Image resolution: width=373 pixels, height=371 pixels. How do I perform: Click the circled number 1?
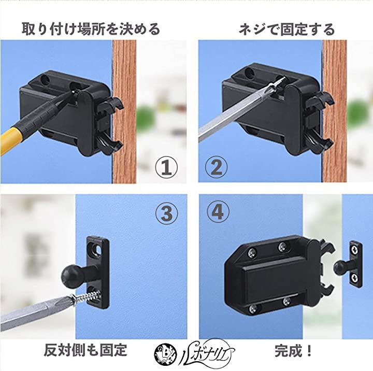tap(166, 167)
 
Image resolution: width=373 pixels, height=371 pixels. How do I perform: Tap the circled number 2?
tap(216, 167)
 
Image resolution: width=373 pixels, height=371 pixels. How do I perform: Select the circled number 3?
tap(166, 213)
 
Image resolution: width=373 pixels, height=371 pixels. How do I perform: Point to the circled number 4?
tap(218, 212)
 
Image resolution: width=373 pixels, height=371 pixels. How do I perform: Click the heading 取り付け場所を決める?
tap(91, 29)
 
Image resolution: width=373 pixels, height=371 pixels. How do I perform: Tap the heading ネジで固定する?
tap(286, 30)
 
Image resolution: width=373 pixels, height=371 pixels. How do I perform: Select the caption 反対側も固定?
tap(85, 350)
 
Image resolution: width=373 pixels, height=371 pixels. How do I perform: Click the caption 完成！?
tap(293, 351)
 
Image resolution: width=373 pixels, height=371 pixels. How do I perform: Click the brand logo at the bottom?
tap(194, 352)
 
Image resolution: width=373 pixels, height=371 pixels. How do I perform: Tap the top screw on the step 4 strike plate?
tap(355, 250)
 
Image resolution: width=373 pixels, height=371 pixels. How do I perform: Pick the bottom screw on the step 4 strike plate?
tap(355, 277)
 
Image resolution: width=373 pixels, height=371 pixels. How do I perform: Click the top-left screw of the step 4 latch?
tap(252, 253)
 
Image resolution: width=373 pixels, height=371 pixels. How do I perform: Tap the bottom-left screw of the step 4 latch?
tap(253, 309)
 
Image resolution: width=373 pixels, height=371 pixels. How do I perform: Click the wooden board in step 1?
tap(124, 111)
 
